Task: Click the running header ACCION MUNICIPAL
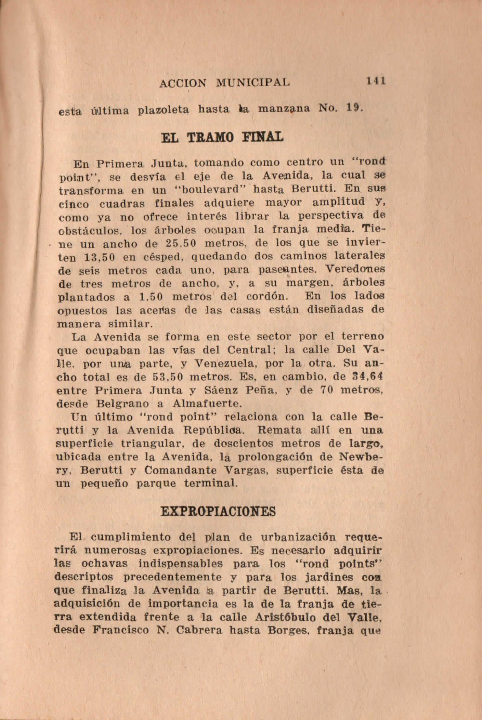click(x=224, y=82)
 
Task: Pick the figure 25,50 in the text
click(x=180, y=244)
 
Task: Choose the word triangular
click(x=154, y=444)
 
